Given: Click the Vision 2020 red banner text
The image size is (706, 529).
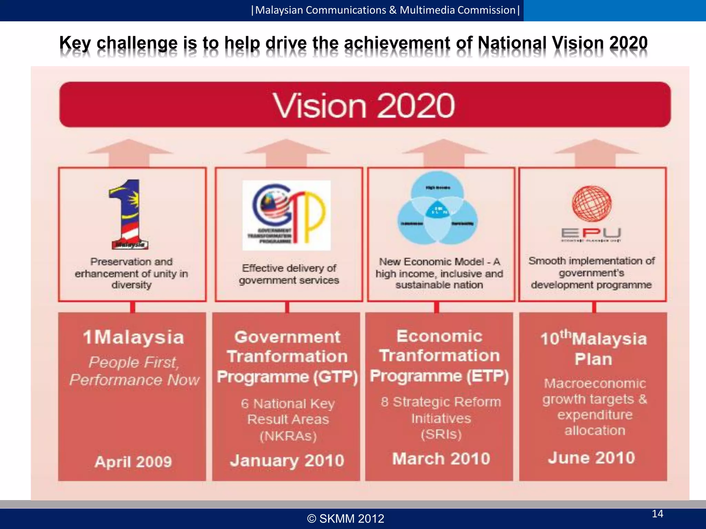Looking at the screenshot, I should [364, 105].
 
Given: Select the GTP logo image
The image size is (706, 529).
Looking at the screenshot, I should [286, 215].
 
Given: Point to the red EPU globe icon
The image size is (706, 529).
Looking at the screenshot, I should [592, 204].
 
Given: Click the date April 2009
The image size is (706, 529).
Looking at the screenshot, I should [133, 461].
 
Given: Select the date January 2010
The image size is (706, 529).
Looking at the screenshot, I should [287, 460].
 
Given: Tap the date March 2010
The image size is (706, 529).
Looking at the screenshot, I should [441, 458].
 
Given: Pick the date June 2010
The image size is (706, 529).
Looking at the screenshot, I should [591, 458].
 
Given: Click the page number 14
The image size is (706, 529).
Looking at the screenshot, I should [657, 514].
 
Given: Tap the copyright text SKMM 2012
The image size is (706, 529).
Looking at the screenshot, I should [346, 519].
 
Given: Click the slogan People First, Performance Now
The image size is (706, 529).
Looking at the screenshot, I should [134, 371].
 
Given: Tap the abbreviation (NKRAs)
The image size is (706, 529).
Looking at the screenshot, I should [288, 436].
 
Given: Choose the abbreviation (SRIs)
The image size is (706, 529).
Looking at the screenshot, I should [441, 434].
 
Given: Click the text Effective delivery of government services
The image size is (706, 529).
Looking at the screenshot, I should [289, 274].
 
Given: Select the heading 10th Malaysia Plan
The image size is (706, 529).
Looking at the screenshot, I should [593, 348].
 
